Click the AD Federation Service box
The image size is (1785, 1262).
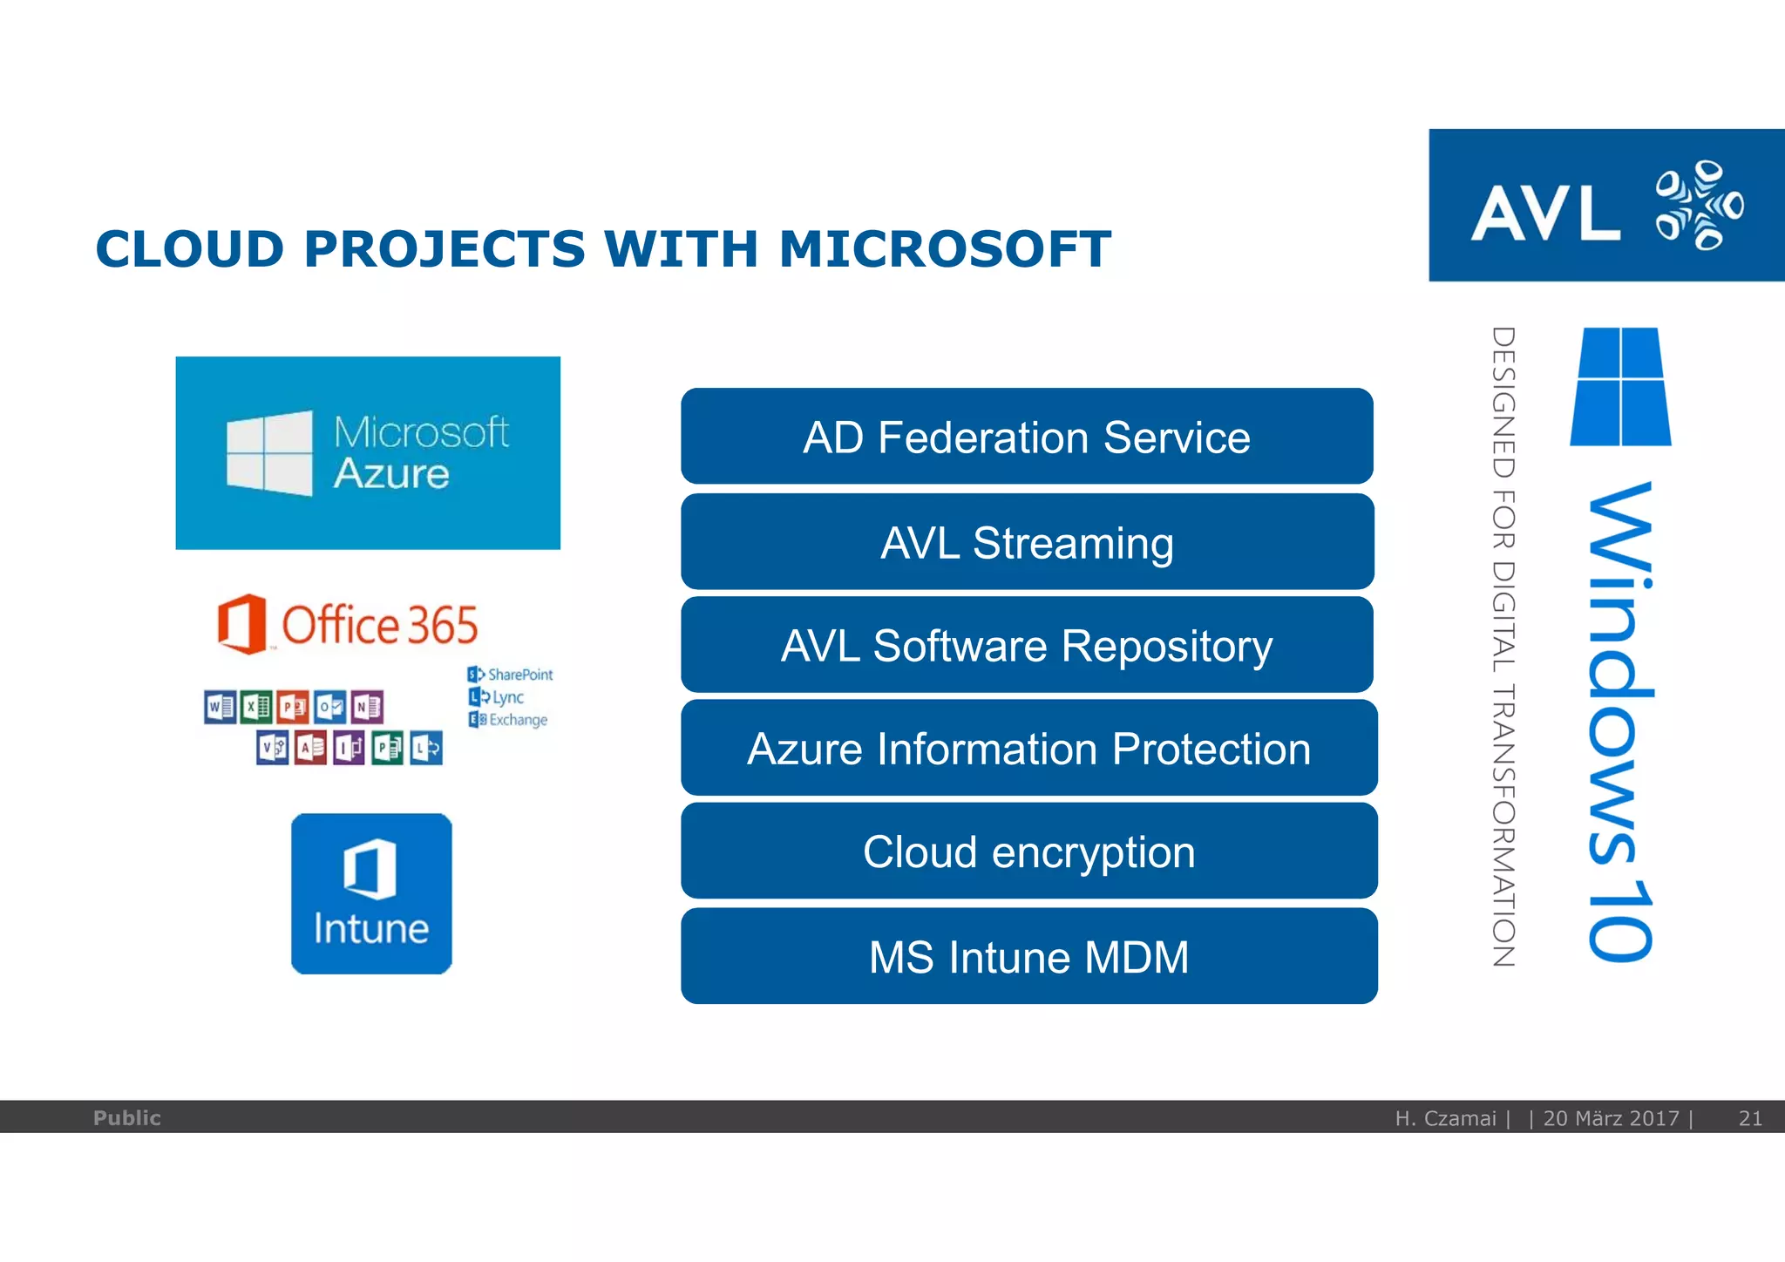click(1027, 437)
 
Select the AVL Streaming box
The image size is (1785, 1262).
click(1027, 542)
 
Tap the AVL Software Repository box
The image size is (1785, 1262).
click(1027, 646)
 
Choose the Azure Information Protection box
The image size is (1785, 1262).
click(1028, 749)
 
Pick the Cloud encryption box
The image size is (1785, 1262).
click(1028, 852)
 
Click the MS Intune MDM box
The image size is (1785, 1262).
click(1028, 956)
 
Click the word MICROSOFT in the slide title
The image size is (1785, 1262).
click(945, 249)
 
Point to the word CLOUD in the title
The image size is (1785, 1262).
click(190, 249)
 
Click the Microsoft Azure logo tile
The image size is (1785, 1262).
click(368, 453)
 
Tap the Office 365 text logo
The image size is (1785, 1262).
click(379, 625)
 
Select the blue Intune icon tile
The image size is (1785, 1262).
click(371, 893)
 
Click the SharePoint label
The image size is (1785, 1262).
click(519, 675)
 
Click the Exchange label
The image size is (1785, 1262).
click(518, 720)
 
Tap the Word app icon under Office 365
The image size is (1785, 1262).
click(220, 707)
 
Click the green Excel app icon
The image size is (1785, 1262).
click(256, 707)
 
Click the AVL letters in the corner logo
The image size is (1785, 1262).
click(1544, 213)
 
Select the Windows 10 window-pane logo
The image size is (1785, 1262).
click(1620, 386)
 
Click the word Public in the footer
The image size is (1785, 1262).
click(127, 1118)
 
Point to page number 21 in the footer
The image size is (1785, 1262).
click(1750, 1118)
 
